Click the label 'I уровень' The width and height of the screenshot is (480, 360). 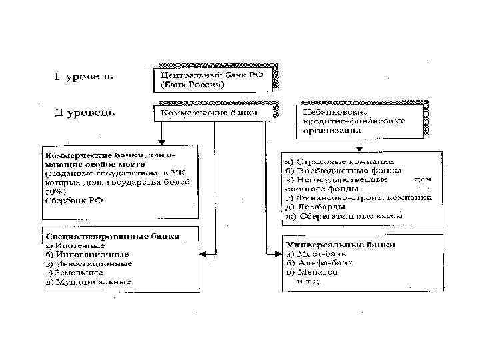[83, 76]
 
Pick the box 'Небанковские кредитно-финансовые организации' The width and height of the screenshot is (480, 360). [360, 121]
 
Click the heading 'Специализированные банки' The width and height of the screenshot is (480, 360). [111, 236]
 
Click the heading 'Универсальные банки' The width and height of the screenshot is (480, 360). [339, 245]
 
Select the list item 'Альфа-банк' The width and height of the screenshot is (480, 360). [317, 263]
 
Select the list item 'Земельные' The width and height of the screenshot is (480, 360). [74, 272]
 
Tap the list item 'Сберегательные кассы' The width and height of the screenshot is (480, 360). [347, 216]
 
